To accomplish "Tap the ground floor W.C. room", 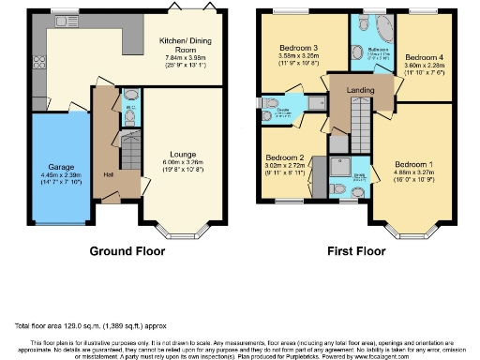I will point(130,112).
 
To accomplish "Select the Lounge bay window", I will point(174,228).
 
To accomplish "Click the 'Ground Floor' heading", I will point(128,252).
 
